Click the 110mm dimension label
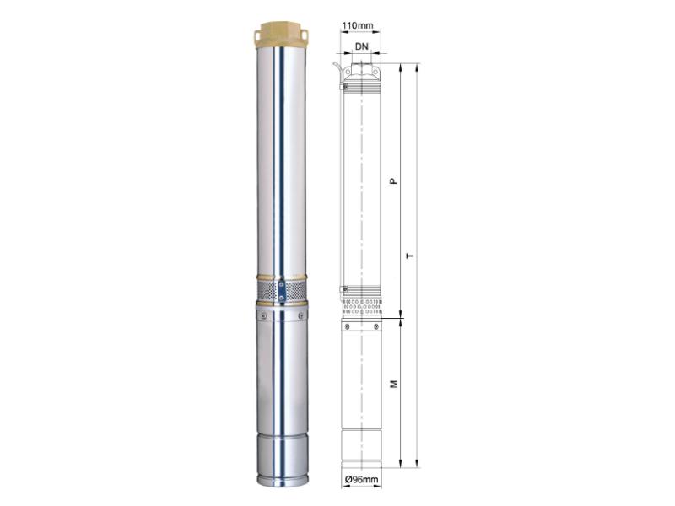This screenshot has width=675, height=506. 357,25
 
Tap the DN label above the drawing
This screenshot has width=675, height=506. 362,46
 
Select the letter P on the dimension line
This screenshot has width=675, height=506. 393,181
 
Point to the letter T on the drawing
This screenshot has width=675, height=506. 411,256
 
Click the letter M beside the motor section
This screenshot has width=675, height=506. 393,384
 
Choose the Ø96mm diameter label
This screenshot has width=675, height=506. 362,479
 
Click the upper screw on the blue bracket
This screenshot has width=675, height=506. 281,284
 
